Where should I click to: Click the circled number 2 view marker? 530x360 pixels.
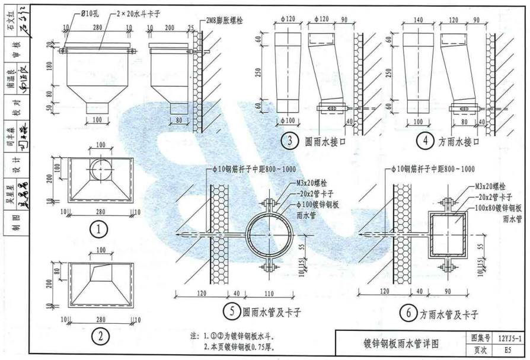100,336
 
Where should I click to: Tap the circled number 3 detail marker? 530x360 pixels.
288,142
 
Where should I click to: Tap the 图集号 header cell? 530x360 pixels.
479,337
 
